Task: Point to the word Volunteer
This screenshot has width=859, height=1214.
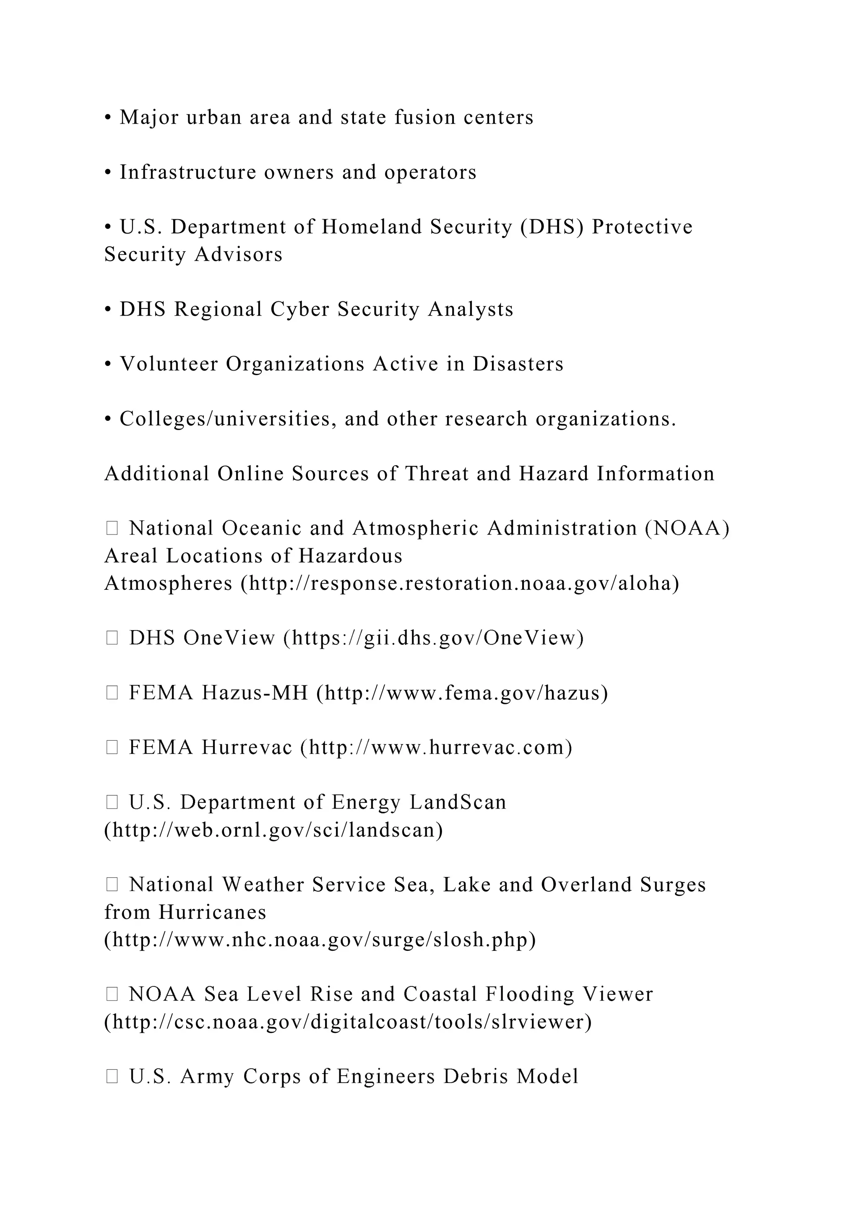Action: [169, 364]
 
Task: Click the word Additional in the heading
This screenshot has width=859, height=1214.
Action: [157, 474]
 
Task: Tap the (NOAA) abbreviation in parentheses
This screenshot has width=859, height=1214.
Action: [687, 528]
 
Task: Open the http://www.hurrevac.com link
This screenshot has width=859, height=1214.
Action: [436, 748]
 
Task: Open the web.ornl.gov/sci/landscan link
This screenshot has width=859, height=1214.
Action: [273, 830]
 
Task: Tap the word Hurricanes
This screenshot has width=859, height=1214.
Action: [212, 912]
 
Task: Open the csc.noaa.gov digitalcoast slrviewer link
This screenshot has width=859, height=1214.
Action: [348, 1022]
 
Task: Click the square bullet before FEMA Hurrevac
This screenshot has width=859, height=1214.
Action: [112, 748]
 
